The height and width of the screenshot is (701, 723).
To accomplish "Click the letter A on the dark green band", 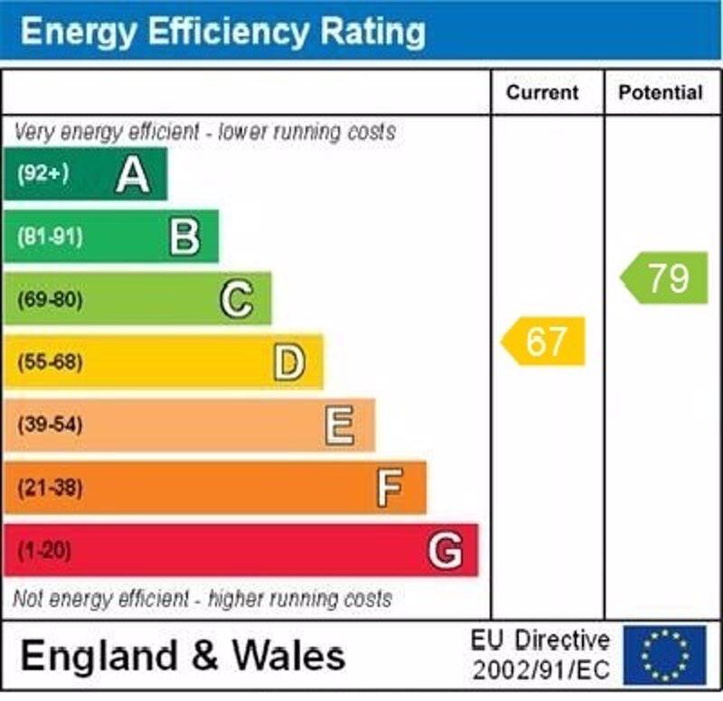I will [133, 174].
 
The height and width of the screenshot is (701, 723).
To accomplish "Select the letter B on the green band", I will [184, 238].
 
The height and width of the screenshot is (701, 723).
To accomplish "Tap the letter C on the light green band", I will [237, 300].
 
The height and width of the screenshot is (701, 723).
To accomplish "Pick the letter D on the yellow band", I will [289, 362].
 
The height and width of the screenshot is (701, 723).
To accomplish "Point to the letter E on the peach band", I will [340, 425].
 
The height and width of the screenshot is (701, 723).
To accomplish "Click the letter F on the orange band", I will [390, 488].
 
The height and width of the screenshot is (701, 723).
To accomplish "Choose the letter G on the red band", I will [445, 550].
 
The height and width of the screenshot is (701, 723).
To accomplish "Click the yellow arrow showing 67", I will [544, 341].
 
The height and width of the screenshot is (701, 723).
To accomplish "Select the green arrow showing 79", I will [665, 278].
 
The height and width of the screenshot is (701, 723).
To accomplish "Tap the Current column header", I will [542, 92].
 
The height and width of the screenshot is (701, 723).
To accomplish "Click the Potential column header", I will [661, 92].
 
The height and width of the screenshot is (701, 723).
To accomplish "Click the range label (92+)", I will [42, 174].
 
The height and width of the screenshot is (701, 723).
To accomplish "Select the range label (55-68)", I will [50, 363].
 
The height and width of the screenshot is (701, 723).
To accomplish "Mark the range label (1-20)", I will [43, 551].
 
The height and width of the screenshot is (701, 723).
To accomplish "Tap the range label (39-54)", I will [50, 425].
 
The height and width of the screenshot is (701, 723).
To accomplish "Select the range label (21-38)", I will [50, 489].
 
